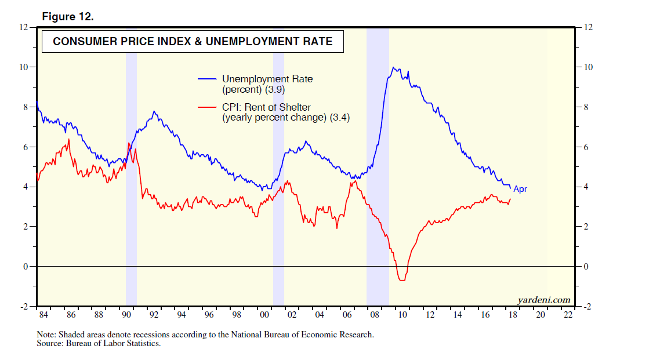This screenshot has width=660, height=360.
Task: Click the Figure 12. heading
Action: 68,17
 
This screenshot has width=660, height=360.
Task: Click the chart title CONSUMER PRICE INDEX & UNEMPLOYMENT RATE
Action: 193,42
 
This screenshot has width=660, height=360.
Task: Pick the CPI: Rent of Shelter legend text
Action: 275,107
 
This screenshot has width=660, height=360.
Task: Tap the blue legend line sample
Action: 208,79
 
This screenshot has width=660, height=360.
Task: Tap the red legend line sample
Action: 208,107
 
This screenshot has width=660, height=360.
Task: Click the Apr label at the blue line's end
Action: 520,190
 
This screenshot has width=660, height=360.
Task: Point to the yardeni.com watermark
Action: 543,300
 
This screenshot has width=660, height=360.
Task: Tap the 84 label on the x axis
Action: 43,315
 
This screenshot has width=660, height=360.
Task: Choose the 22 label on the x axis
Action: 568,315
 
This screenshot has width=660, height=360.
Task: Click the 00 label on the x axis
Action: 264,315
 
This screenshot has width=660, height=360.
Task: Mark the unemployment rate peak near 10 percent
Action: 394,68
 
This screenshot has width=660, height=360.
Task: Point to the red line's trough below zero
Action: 402,280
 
